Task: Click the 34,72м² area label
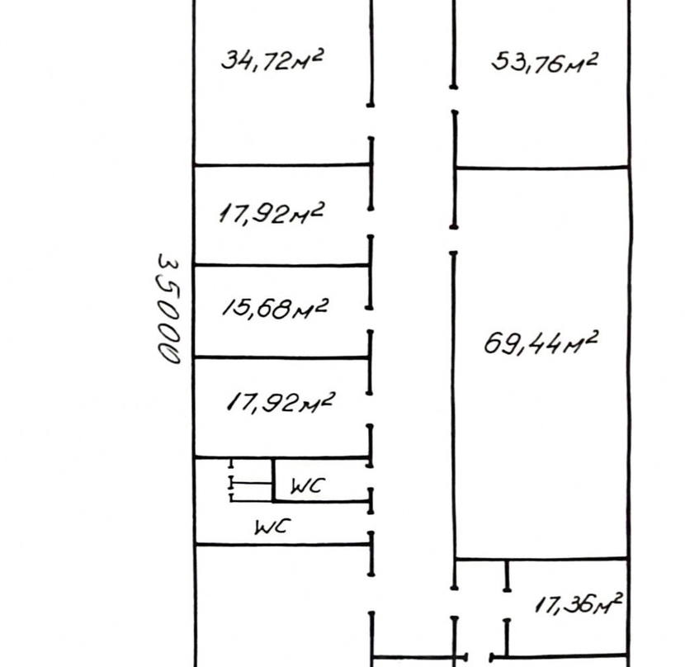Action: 272,60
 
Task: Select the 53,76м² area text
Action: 545,63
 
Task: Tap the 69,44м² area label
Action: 541,343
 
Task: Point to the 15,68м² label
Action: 275,308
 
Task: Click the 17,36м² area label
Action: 579,604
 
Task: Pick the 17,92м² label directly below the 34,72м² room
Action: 272,213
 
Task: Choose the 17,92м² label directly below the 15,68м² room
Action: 281,402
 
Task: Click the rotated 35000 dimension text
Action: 168,308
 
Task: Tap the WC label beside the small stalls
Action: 308,485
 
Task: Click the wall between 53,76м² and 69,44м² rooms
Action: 541,168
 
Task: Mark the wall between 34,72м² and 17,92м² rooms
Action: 282,165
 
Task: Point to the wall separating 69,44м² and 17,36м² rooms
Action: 541,558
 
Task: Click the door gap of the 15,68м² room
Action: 370,319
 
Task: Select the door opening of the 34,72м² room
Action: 371,121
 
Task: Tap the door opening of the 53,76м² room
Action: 454,100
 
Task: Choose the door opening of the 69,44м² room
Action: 454,240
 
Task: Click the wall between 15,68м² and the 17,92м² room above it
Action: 281,265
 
